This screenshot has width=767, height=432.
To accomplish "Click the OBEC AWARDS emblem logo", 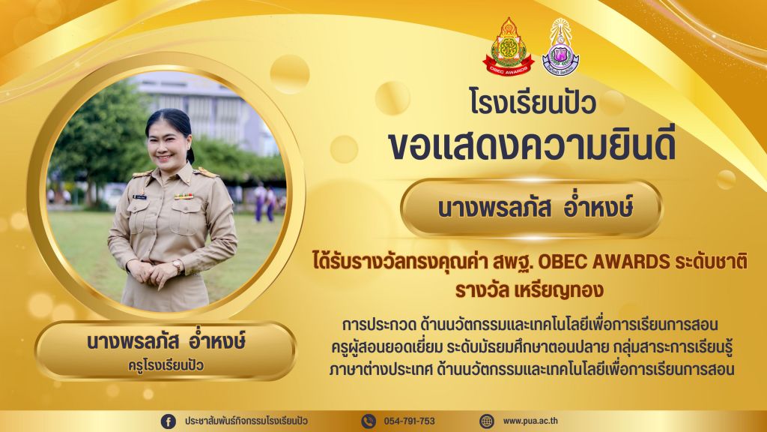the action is click(x=508, y=47).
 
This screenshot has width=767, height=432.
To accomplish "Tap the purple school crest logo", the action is click(x=560, y=47).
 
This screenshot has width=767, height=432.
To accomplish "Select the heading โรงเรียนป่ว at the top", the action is click(x=533, y=101).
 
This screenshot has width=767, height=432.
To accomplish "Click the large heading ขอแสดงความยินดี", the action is click(x=531, y=145).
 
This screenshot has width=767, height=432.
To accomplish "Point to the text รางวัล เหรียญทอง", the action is click(x=529, y=290).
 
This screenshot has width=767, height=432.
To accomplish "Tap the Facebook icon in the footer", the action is click(x=169, y=421).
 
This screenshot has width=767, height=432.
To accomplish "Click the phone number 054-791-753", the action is click(x=410, y=421).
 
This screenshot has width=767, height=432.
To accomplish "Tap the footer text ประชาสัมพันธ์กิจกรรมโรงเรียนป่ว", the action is click(x=246, y=421).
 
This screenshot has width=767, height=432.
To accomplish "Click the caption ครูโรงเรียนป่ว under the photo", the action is click(x=166, y=365).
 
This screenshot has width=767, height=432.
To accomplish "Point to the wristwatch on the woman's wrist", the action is click(x=177, y=267).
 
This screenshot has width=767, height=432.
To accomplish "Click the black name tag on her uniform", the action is click(x=140, y=197).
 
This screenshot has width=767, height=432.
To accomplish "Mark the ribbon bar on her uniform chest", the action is click(x=184, y=196).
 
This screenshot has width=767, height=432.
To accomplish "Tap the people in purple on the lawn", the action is click(x=264, y=202).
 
